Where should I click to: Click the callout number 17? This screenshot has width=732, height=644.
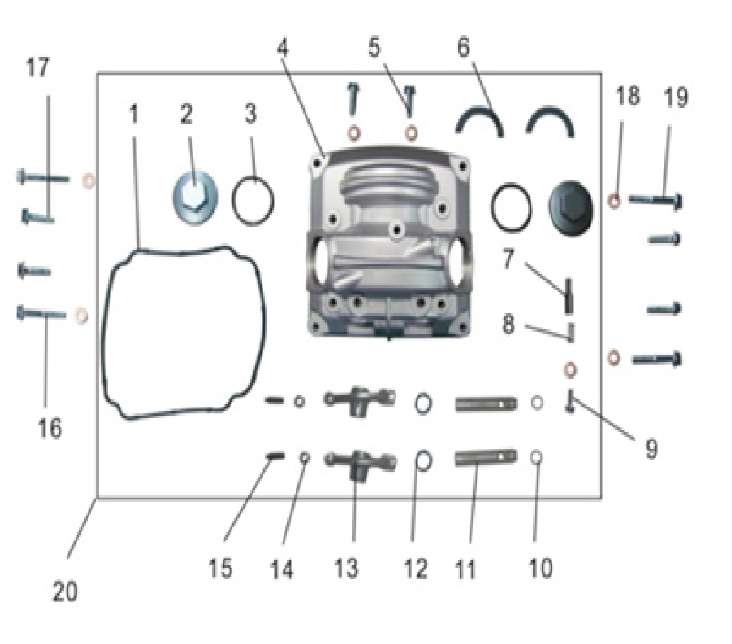click(x=39, y=68)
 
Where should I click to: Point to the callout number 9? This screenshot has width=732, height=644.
click(x=650, y=449)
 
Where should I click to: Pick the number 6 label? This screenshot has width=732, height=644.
click(x=463, y=47)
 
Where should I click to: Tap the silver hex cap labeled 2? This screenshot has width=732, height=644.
click(x=195, y=201)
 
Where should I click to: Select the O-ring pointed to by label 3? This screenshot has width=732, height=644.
click(x=253, y=201)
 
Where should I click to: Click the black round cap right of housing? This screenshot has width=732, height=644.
click(x=569, y=208)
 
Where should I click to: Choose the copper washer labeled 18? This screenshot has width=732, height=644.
click(x=615, y=201)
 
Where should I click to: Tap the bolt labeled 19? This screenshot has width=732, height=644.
click(x=655, y=201)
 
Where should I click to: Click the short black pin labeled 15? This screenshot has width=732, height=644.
click(x=275, y=456)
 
